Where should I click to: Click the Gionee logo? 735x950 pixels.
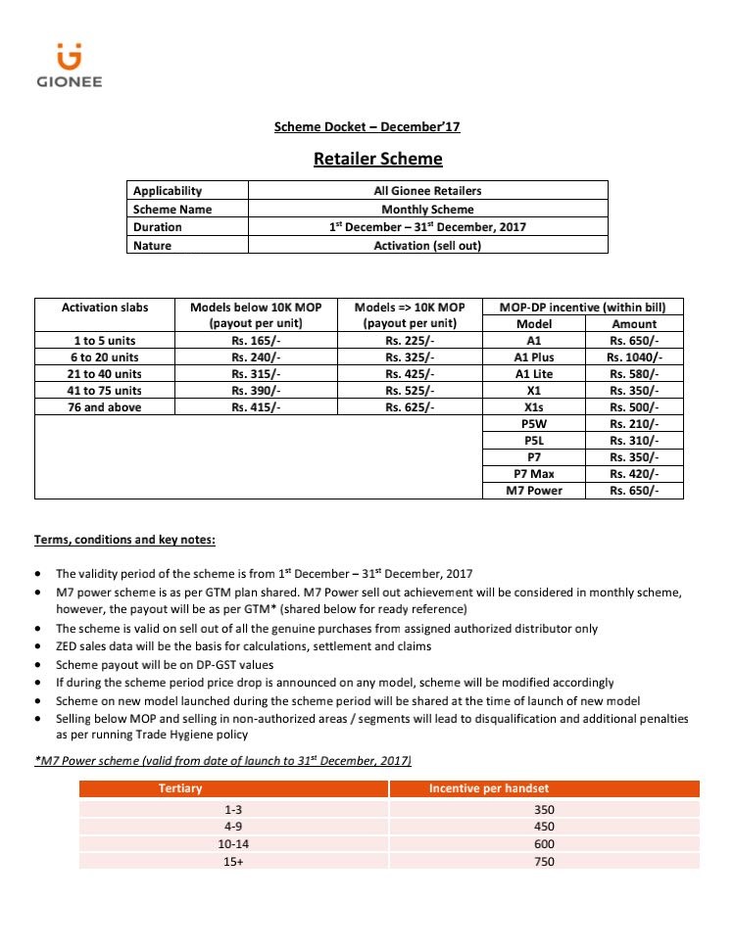69,65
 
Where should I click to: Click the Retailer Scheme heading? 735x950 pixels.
377,159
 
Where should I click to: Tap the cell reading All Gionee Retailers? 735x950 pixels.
428,191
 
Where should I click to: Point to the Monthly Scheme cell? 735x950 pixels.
428,209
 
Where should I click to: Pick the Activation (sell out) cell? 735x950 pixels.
428,246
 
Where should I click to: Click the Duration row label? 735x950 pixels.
158,227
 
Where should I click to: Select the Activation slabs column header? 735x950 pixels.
105,308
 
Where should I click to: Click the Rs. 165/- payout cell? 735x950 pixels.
256,341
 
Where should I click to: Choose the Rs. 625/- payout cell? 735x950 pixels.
410,407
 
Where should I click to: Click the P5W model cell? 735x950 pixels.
533,424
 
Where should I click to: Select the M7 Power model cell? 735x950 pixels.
533,491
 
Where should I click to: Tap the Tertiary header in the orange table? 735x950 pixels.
180,788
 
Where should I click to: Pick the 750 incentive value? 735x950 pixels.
545,862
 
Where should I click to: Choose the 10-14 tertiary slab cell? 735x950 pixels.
233,844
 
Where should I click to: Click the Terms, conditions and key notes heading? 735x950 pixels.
125,541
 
